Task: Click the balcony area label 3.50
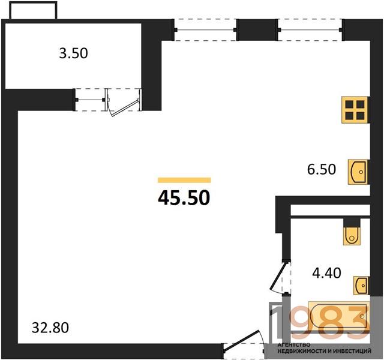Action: [x=73, y=53]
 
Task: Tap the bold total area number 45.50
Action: [x=184, y=197]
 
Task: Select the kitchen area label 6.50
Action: [x=322, y=169]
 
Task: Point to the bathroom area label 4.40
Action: [x=326, y=273]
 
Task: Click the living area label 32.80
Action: [x=50, y=328]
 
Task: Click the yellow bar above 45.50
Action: [x=184, y=180]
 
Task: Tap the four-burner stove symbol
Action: [x=355, y=110]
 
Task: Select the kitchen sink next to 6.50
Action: [x=358, y=172]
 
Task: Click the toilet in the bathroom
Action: [x=352, y=236]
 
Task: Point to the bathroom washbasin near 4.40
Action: [x=361, y=286]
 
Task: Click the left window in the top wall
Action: [x=205, y=30]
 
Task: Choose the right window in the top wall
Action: [x=310, y=30]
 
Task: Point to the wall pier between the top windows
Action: [x=257, y=29]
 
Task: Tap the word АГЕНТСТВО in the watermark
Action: [x=294, y=345]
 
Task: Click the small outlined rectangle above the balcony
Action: [x=34, y=10]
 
